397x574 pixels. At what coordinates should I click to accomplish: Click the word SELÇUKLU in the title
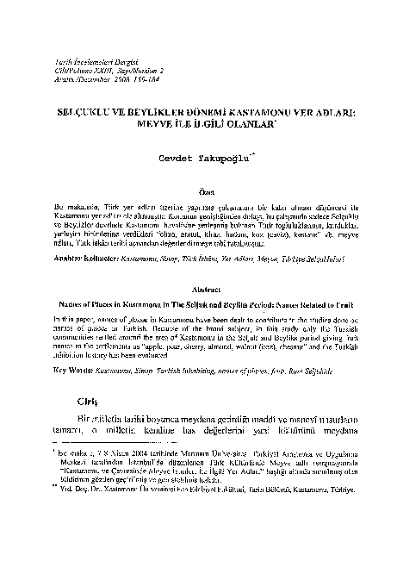(x=98, y=112)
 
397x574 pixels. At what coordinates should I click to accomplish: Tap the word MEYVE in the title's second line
(x=153, y=122)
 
